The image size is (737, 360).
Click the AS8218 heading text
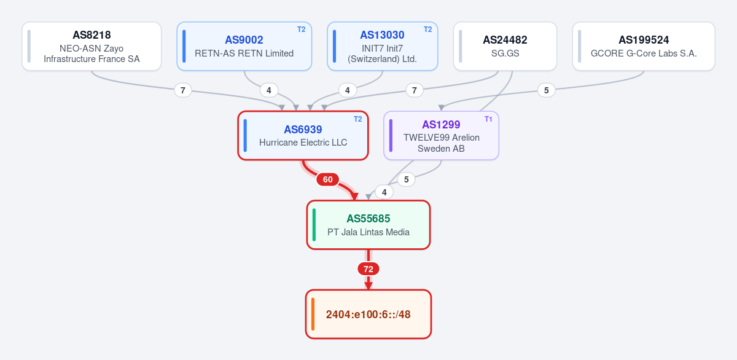92,35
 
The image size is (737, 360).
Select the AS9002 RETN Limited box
244,46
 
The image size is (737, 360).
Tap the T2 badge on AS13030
427,29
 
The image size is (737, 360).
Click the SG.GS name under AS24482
505,53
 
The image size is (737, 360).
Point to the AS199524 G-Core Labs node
644,46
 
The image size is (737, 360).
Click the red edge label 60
327,179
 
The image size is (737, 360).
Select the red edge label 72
368,269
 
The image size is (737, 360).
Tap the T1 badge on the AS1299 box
488,119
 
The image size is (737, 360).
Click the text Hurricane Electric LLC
303,143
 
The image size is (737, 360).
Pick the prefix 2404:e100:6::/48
368,315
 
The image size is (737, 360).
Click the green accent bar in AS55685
314,225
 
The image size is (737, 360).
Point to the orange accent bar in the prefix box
313,314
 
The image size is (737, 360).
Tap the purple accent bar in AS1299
391,136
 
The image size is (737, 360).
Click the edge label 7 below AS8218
183,90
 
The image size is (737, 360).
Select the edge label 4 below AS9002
269,90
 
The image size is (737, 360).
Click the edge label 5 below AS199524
546,90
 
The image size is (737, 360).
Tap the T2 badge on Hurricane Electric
357,119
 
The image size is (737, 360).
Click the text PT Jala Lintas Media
368,232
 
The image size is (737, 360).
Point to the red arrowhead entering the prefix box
368,286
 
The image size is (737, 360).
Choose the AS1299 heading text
441,125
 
